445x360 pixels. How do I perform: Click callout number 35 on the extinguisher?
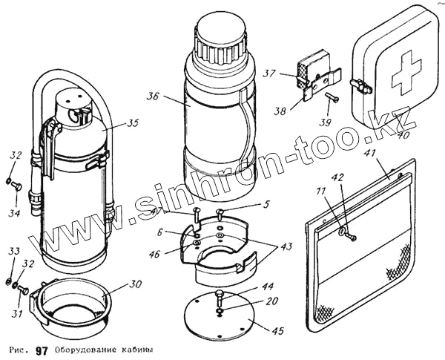(133, 123)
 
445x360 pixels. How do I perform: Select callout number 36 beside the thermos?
(154, 96)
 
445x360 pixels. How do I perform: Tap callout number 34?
(14, 193)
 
